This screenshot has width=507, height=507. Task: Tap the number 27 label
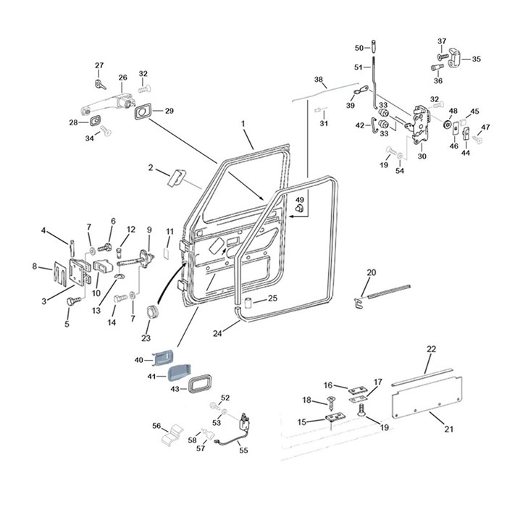tap(99, 66)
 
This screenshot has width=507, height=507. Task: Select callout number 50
tap(359, 48)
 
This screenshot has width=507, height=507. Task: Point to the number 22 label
tap(432, 349)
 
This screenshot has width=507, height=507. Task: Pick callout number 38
tap(318, 80)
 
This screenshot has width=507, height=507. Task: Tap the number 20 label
tap(371, 272)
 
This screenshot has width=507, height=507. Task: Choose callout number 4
tap(43, 231)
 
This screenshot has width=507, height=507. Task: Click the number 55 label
tap(243, 450)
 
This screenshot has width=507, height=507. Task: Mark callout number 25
tap(272, 298)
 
